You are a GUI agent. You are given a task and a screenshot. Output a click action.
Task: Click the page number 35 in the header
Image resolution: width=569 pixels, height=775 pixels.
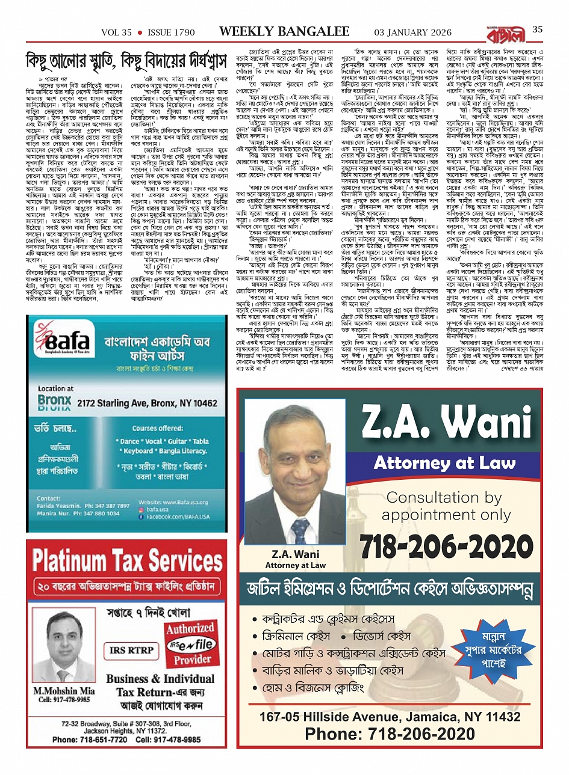(x=538, y=29)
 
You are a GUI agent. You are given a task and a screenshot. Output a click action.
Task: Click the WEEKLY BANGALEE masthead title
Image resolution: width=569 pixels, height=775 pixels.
(x=284, y=31)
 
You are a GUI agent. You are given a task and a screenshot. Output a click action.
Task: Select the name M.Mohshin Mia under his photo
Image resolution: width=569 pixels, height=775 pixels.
(x=64, y=691)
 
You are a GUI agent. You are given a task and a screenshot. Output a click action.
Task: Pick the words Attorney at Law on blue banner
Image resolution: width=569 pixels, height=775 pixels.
(x=444, y=462)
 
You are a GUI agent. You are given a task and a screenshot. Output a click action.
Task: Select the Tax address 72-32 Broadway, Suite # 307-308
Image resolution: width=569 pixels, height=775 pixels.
(x=126, y=724)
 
